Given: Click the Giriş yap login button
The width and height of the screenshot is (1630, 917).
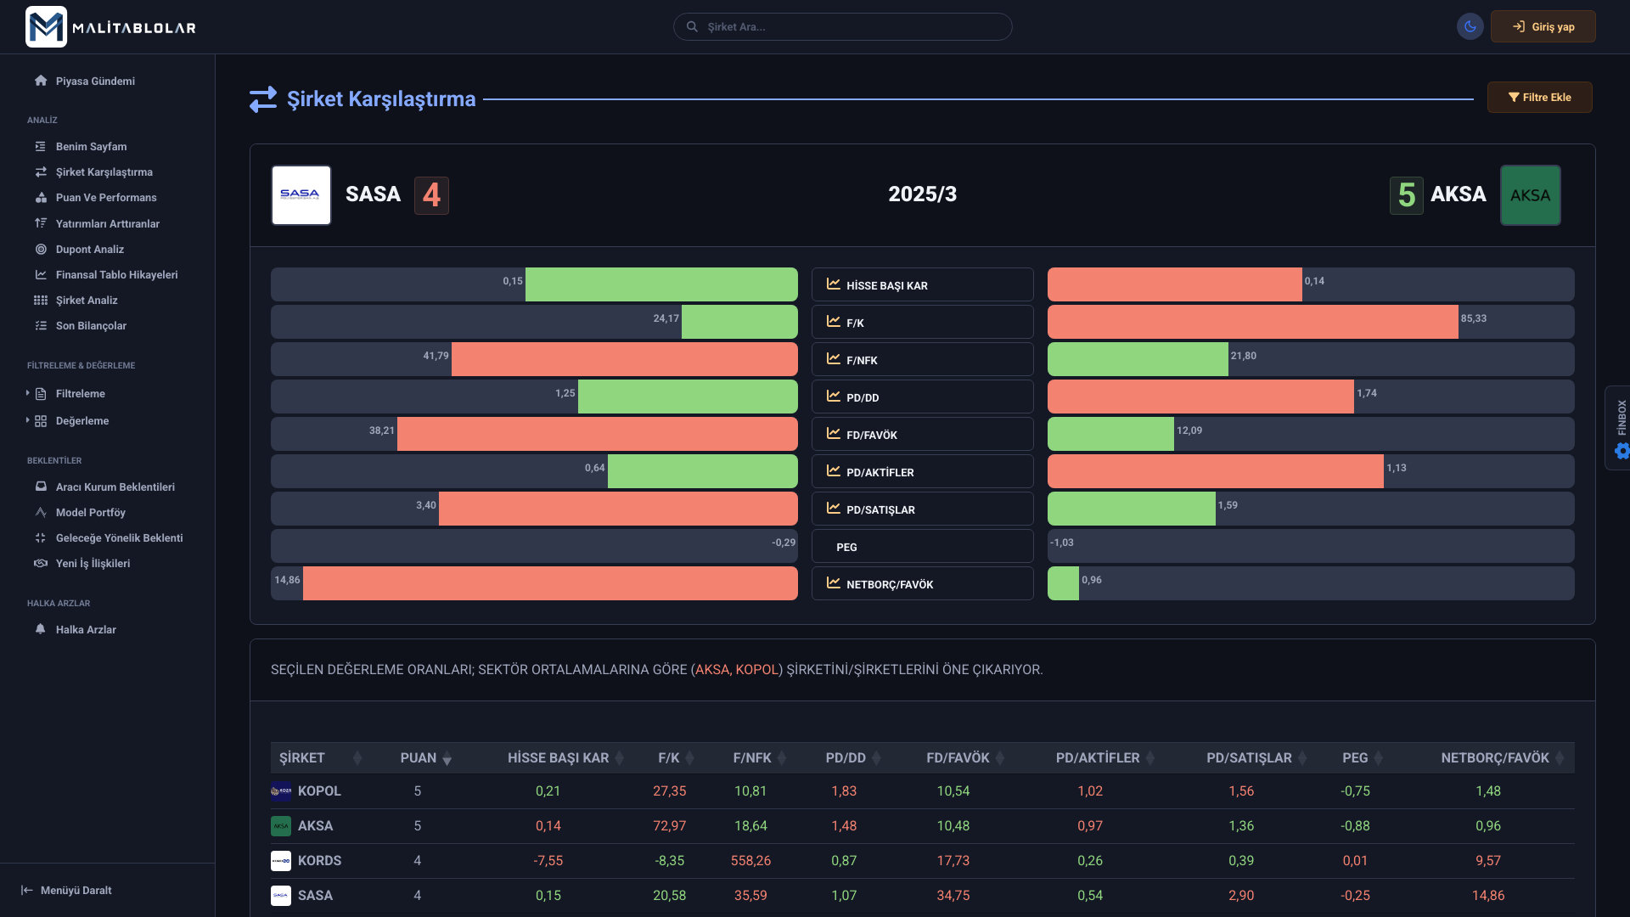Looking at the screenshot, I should tap(1543, 27).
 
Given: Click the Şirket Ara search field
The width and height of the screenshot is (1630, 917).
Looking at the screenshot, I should tap(842, 27).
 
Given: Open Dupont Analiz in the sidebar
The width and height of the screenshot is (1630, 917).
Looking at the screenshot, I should tap(89, 250).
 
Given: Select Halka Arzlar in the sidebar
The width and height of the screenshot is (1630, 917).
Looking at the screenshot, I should tap(85, 630).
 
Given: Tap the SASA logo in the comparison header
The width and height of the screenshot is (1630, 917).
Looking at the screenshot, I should tap(301, 195).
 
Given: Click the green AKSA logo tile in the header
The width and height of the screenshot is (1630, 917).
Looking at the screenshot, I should tap(1530, 195).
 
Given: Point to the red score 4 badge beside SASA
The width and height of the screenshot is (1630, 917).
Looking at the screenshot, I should tap(431, 195).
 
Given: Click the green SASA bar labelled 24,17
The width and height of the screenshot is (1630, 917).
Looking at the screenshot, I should tap(739, 322).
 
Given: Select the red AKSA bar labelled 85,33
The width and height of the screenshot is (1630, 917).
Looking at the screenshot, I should tap(1252, 322).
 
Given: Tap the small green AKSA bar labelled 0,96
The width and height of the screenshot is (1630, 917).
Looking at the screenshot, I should tap(1063, 583).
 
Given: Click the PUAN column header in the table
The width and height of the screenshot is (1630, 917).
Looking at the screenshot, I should tap(419, 758).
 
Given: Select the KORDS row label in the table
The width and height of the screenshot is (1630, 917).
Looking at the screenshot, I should tap(319, 861).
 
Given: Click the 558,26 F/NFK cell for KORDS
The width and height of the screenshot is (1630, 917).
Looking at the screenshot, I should tap(750, 861).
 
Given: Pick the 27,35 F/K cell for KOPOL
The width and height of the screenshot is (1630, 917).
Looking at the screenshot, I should tap(669, 791).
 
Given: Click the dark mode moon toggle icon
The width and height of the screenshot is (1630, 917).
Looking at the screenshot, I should tap(1470, 27).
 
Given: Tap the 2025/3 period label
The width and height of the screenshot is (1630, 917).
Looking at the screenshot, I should tap(922, 194).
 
